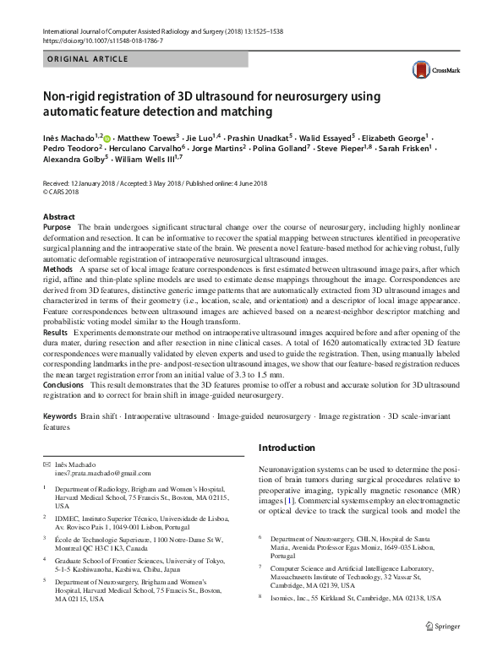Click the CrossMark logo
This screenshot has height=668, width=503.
pos(432,69)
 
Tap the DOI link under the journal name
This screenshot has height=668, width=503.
pos(102,40)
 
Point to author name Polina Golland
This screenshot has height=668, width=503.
pos(294,148)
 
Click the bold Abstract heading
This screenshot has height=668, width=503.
pos(58,217)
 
